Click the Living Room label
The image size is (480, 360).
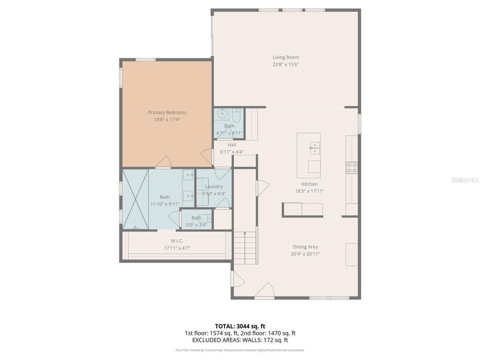[285, 58]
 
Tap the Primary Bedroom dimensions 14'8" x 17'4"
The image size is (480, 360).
[167, 120]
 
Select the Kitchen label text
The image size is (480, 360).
[309, 184]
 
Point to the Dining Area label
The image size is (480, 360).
[305, 247]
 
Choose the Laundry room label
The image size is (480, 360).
[214, 187]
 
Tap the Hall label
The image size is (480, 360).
[232, 145]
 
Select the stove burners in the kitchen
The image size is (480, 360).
[352, 167]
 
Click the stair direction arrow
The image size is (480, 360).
[245, 233]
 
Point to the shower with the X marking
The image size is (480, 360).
[135, 199]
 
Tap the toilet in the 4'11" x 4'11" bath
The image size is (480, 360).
[236, 115]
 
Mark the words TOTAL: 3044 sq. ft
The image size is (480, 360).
[240, 326]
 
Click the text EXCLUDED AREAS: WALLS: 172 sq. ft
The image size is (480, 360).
[240, 340]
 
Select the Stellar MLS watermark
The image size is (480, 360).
[464, 180]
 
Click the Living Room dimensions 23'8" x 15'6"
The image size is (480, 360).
[285, 65]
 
